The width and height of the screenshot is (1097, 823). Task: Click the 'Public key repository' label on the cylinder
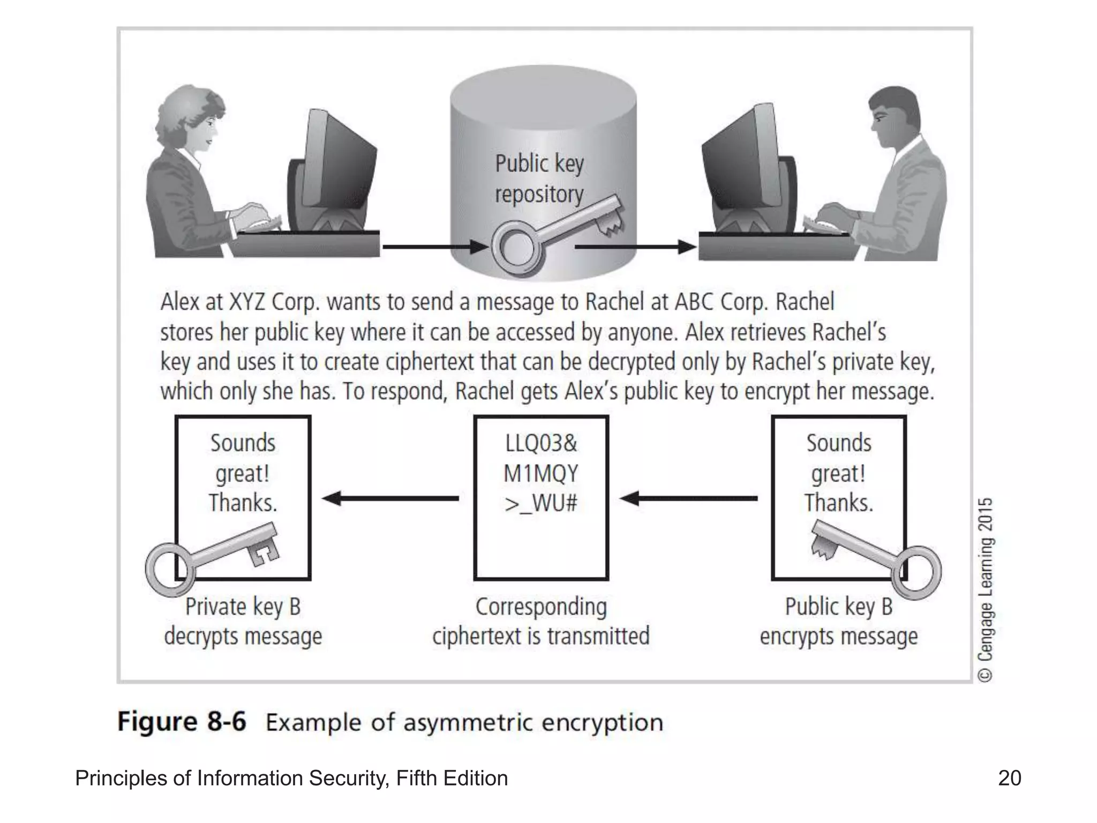[x=539, y=179]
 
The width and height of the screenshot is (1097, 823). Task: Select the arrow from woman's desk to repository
[x=434, y=247]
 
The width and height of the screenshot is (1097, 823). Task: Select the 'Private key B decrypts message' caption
[x=243, y=622]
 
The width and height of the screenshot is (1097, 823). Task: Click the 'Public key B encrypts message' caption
[x=839, y=622]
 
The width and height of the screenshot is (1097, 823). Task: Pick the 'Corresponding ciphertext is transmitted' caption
[x=541, y=622]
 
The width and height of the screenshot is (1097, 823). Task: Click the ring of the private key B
[x=167, y=570]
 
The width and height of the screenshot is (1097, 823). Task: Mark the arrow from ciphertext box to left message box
[x=391, y=498]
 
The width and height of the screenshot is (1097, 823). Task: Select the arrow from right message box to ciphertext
[x=688, y=498]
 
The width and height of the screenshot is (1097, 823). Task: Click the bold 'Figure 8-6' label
[x=182, y=722]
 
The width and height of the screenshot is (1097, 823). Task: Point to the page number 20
[x=1009, y=778]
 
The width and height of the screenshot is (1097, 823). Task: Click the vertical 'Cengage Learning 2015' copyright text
[x=986, y=589]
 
